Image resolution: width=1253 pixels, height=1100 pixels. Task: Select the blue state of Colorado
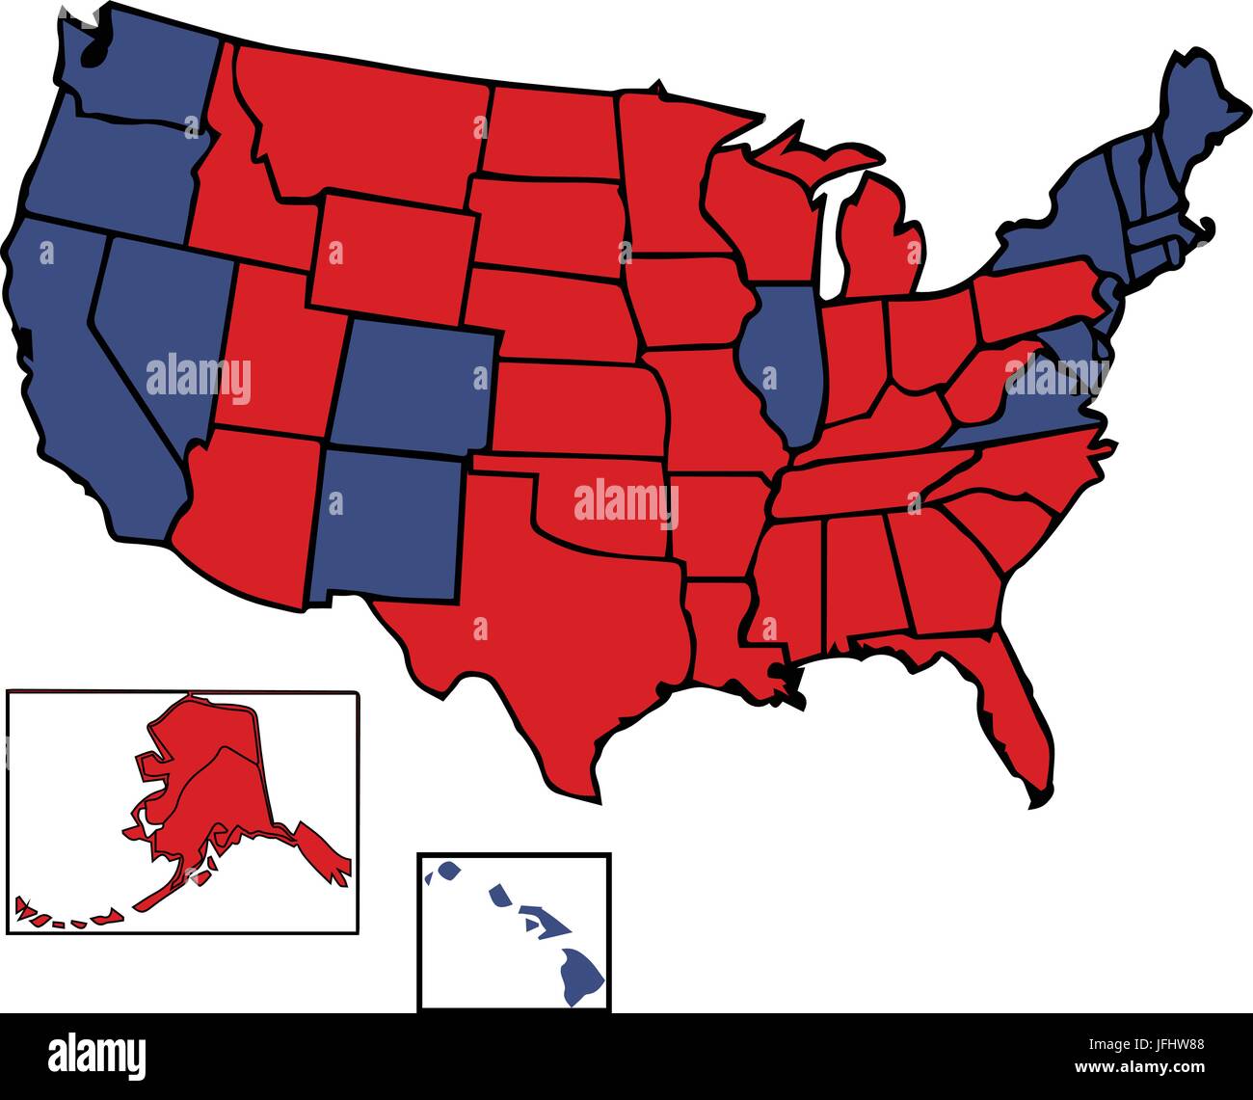pos(414,386)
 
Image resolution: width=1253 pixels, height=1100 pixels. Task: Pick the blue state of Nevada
pos(159,328)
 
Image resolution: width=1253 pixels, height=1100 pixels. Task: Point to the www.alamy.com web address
pos(1138,1067)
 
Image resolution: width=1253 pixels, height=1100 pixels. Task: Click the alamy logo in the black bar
pos(96,1055)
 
